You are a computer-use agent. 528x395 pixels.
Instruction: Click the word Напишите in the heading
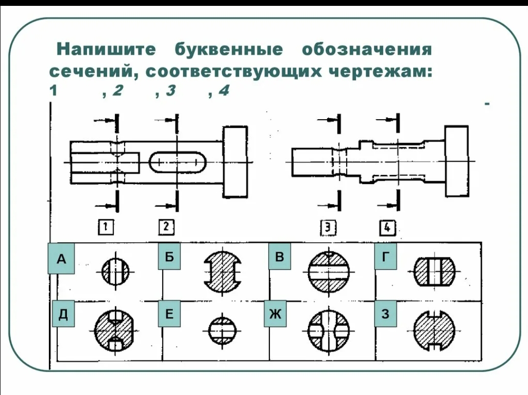tap(106, 50)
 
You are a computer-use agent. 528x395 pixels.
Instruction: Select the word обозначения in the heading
tap(367, 50)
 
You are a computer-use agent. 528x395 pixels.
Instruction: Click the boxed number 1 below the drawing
tap(106, 227)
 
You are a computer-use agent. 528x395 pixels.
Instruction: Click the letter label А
tap(61, 259)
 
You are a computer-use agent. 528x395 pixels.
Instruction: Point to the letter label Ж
tap(276, 314)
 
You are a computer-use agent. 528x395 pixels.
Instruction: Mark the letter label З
tap(386, 314)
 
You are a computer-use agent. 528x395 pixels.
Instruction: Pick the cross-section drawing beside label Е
tap(223, 331)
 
